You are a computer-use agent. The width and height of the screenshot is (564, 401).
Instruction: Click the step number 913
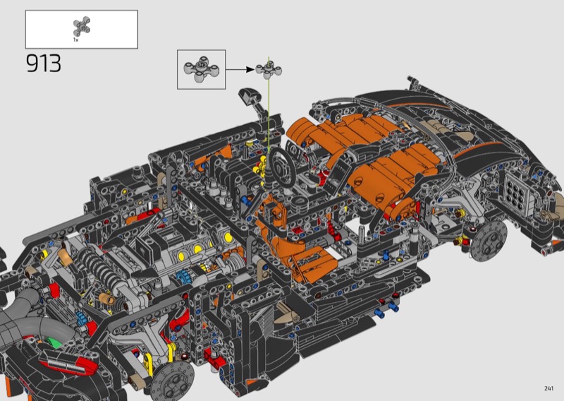pyautogui.click(x=44, y=64)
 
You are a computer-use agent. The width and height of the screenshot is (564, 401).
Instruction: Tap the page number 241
pyautogui.click(x=548, y=388)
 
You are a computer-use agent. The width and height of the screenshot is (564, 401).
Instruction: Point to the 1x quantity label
pyautogui.click(x=75, y=40)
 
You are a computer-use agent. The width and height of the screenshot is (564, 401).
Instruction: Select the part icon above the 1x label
pyautogui.click(x=82, y=26)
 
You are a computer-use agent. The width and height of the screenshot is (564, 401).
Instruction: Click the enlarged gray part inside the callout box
pyautogui.click(x=201, y=68)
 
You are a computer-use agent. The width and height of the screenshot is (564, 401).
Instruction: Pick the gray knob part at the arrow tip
pyautogui.click(x=269, y=71)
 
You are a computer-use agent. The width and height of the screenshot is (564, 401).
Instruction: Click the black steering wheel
pyautogui.click(x=283, y=167)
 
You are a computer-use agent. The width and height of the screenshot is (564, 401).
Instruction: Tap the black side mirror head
pyautogui.click(x=247, y=96)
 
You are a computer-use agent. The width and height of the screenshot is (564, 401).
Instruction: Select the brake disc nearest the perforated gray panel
pyautogui.click(x=489, y=241)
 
